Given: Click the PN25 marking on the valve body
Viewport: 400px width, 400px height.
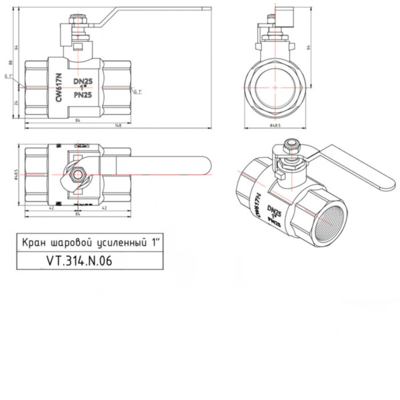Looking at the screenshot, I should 83,95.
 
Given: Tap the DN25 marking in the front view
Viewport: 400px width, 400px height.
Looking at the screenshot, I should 83,82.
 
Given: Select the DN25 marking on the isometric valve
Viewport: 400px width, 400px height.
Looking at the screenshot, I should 275,214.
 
